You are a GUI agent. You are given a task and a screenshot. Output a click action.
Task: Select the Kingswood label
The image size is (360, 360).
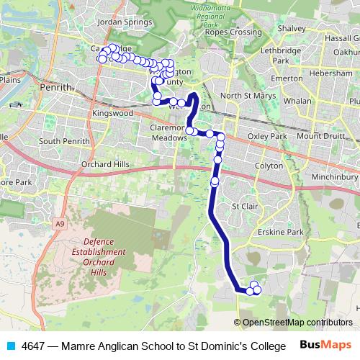(x=112, y=114)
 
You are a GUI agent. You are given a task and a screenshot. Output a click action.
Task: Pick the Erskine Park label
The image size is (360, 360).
(x=284, y=232)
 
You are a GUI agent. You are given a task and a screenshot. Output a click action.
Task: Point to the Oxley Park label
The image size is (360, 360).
(x=267, y=136)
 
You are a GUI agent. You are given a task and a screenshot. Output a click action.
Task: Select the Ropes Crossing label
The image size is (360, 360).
(x=233, y=32)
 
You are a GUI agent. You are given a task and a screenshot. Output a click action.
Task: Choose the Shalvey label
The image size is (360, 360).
(x=292, y=28)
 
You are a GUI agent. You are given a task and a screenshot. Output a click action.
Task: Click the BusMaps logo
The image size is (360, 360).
(x=326, y=346)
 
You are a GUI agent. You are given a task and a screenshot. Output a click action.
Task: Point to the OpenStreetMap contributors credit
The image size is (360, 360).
(x=293, y=323)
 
